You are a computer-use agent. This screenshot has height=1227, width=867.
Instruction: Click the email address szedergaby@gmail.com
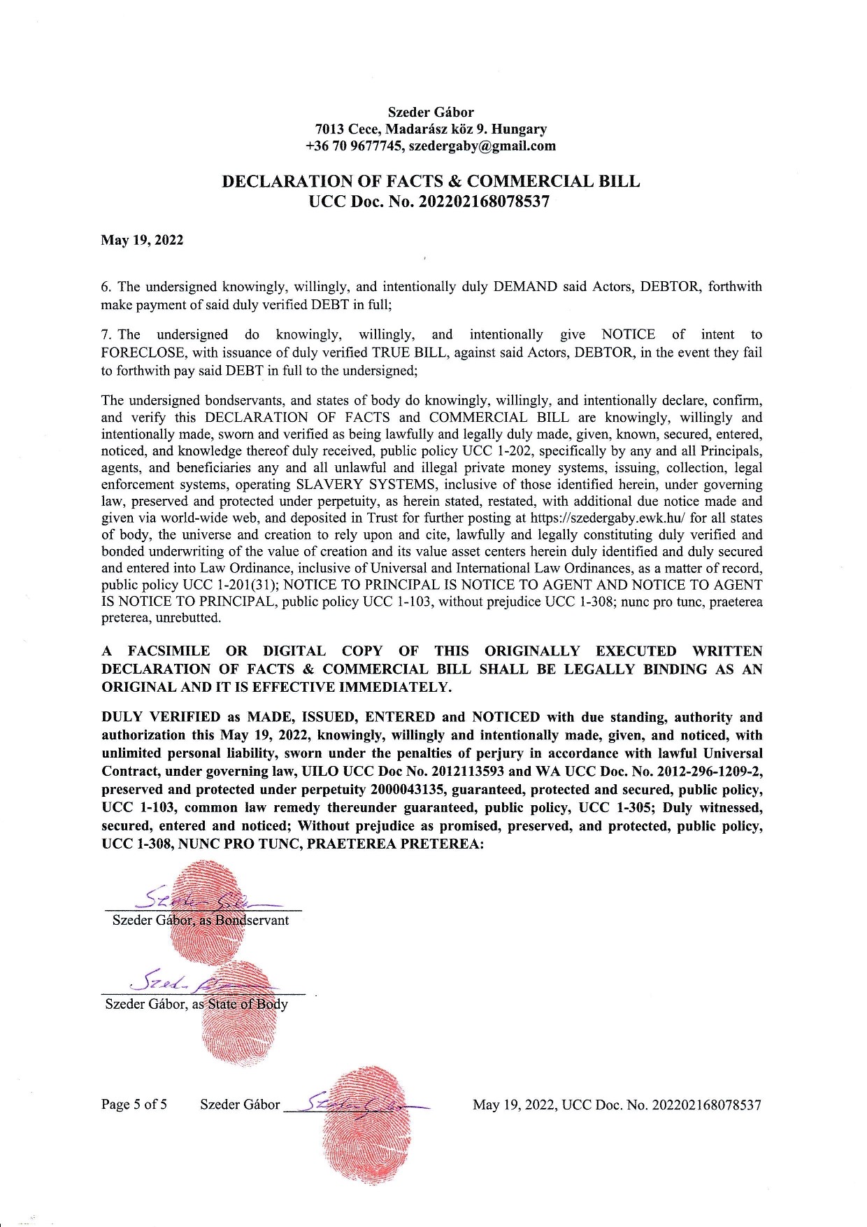point(482,146)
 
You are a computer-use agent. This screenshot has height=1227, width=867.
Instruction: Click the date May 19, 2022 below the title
point(142,241)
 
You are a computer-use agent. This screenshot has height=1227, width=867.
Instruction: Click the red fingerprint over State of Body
point(238,1014)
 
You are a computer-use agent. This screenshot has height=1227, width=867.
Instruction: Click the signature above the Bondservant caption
point(203,898)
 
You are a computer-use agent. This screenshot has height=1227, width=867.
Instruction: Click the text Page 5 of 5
point(134,1105)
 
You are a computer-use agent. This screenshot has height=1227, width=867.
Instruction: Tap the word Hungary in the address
point(520,129)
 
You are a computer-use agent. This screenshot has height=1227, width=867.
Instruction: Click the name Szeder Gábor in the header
point(431,112)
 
